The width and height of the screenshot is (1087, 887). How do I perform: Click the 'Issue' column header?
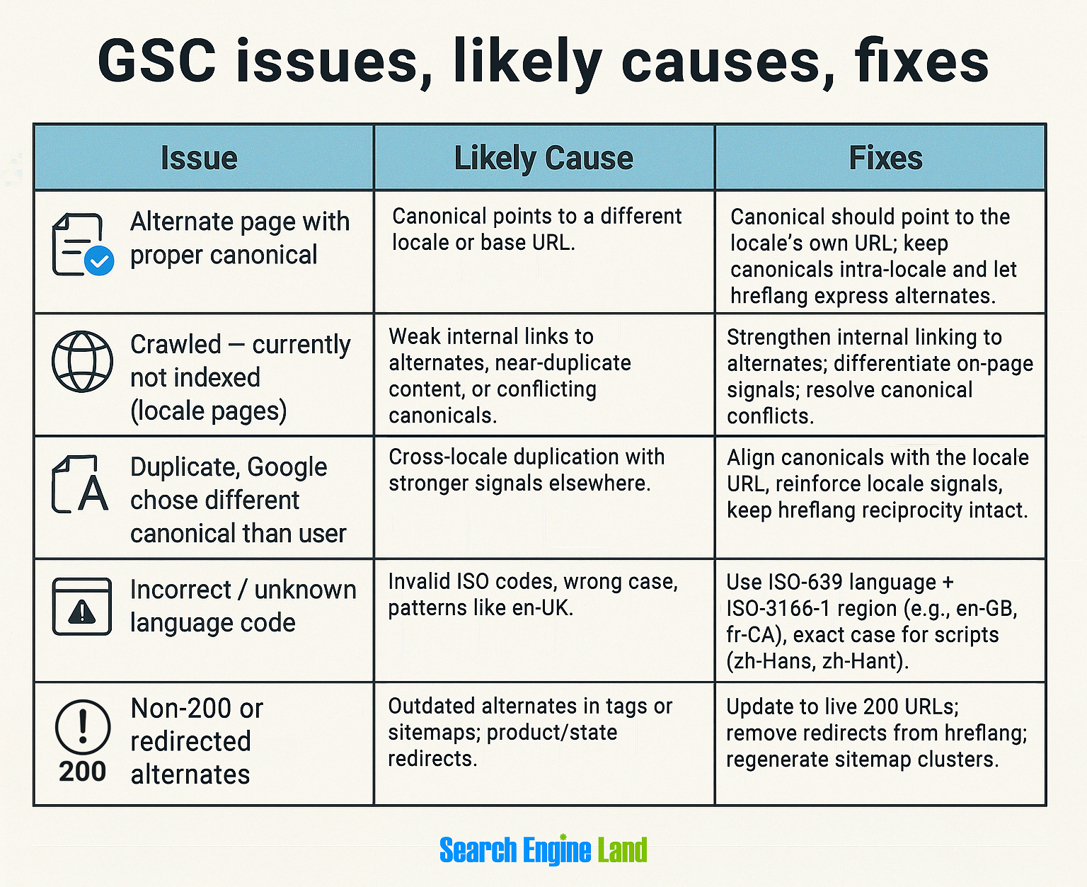click(199, 158)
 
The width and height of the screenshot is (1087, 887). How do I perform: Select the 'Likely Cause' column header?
click(543, 158)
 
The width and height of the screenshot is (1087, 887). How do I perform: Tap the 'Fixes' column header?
click(885, 158)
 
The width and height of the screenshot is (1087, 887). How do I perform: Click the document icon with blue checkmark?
click(82, 245)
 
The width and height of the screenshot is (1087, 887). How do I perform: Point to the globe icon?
click(82, 362)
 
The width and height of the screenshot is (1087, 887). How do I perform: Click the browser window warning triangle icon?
click(82, 607)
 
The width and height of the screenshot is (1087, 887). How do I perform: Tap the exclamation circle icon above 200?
click(83, 727)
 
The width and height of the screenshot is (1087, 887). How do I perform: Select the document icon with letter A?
click(81, 485)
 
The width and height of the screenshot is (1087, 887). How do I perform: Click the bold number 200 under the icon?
click(82, 772)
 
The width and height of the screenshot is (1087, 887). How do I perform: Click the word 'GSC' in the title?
click(157, 62)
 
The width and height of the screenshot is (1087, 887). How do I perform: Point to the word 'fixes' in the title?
click(921, 62)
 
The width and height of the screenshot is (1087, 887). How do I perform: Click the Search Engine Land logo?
click(543, 850)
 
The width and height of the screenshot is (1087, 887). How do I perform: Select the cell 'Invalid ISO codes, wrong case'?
click(533, 594)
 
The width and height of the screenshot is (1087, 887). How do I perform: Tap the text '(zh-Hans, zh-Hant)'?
click(817, 661)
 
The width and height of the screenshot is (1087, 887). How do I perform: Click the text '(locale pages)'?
click(209, 411)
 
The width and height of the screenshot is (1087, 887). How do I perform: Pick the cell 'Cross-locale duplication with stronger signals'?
click(527, 470)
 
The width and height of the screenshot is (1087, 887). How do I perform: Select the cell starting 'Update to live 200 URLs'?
click(876, 733)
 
